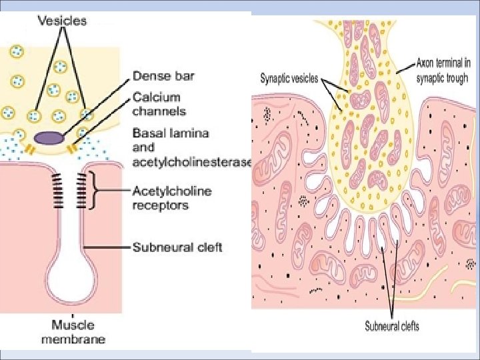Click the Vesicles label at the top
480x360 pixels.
pyautogui.click(x=62, y=21)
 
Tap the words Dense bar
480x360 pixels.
pyautogui.click(x=163, y=76)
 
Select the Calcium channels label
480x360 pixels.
pyautogui.click(x=159, y=105)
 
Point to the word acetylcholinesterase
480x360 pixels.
pyautogui.click(x=192, y=162)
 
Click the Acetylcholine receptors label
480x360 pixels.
pyautogui.click(x=172, y=198)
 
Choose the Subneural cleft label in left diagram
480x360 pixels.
pyautogui.click(x=177, y=247)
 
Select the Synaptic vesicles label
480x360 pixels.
pyautogui.click(x=289, y=77)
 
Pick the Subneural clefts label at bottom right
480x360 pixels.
pyautogui.click(x=392, y=326)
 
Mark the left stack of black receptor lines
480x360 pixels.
pyautogui.click(x=58, y=190)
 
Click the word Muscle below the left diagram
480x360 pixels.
pyautogui.click(x=73, y=325)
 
